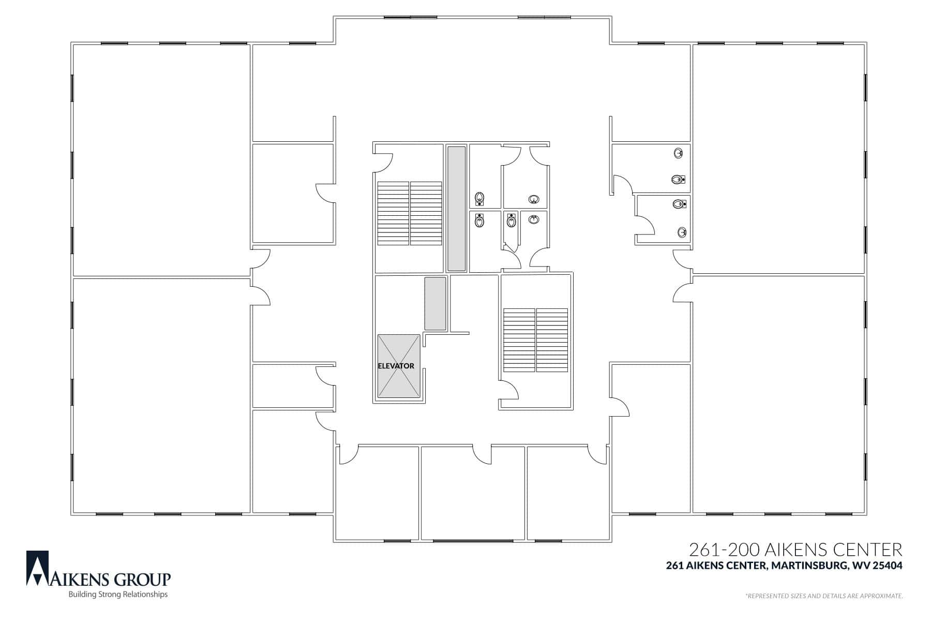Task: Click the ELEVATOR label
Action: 396,366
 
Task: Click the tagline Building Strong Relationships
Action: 118,595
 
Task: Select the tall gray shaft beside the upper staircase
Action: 457,209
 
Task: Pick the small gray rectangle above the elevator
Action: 435,304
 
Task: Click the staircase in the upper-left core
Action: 410,213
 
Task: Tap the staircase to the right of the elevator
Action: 535,340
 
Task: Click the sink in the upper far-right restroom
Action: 679,153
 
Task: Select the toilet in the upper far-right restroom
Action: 678,180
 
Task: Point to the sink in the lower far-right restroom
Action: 683,232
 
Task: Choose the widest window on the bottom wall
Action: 473,541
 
